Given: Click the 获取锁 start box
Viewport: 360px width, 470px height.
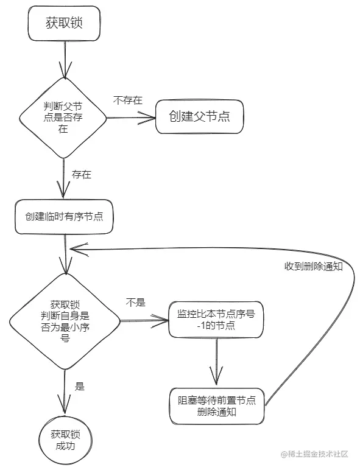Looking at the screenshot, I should click(63, 24).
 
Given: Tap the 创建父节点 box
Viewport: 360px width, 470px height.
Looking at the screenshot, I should click(199, 116).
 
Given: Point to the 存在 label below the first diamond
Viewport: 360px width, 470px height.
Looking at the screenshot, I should click(82, 175).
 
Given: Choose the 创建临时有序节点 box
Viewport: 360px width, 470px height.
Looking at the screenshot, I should click(64, 217).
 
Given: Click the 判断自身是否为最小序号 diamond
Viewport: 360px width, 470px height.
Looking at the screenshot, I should click(64, 321).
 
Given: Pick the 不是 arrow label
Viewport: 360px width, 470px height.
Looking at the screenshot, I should click(135, 303).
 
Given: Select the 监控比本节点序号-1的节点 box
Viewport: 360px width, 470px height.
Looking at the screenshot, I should click(216, 320).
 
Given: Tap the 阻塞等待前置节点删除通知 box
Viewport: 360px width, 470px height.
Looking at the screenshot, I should click(216, 406).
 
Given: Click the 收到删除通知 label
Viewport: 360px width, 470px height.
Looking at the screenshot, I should click(313, 267).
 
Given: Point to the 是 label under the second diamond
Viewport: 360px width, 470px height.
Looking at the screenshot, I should click(79, 386).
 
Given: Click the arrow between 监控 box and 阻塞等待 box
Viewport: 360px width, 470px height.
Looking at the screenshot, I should click(217, 362).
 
